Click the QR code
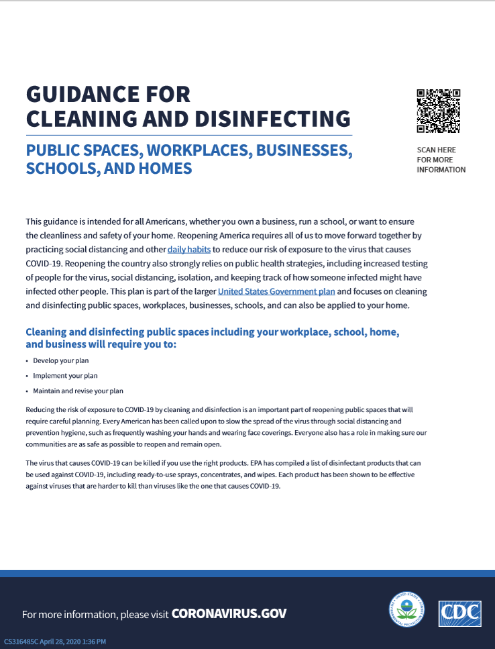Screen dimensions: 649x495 [438, 111]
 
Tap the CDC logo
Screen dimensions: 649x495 [459, 613]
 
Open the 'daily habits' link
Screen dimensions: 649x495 [189, 249]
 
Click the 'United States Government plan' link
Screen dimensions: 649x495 [276, 292]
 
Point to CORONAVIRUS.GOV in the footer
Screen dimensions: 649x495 [229, 613]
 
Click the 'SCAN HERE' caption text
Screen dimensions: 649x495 [435, 150]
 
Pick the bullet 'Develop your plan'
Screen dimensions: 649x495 [61, 360]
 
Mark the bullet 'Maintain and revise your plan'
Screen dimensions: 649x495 [78, 391]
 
